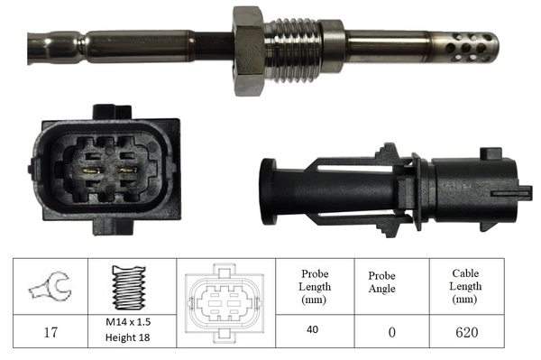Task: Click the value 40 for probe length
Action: [313, 330]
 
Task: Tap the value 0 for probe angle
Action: [391, 332]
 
